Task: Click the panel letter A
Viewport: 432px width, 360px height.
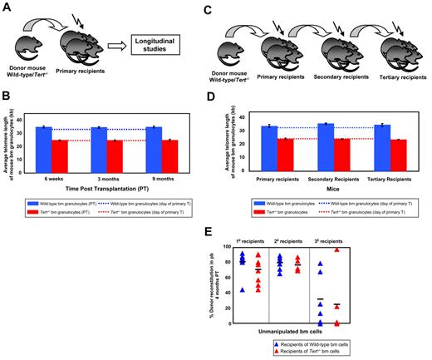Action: [6, 7]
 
